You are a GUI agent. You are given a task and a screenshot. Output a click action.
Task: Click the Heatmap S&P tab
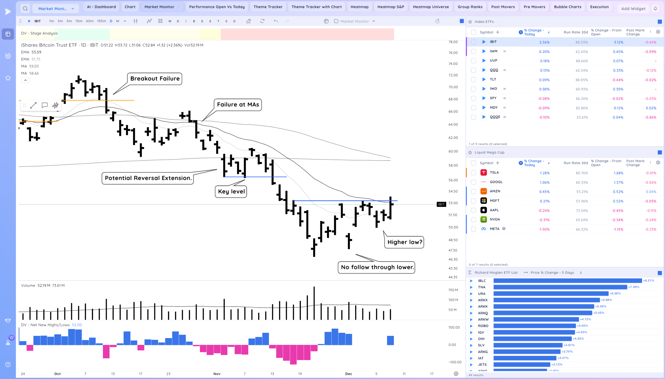pos(390,7)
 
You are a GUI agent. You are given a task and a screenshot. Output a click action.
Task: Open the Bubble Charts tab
pos(568,7)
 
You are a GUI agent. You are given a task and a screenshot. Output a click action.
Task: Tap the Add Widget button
pos(633,9)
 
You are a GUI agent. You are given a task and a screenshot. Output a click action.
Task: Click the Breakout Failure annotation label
pos(155,79)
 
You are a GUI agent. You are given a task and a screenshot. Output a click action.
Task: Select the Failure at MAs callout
pos(238,105)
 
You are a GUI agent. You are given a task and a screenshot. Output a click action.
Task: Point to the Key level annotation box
pos(231,192)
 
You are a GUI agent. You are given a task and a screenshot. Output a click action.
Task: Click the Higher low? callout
pos(404,242)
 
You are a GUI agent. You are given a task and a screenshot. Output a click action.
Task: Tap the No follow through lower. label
pos(377,267)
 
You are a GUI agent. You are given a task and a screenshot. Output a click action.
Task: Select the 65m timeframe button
pos(89,21)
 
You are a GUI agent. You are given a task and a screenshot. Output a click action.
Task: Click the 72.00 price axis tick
pos(453,75)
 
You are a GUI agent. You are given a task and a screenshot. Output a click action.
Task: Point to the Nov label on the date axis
pos(217,374)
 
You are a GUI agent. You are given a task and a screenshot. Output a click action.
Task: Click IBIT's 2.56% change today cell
pos(544,42)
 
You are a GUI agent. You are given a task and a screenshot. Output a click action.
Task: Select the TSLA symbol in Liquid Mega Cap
pos(494,173)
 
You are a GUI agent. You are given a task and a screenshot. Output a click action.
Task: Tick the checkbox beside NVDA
pos(473,220)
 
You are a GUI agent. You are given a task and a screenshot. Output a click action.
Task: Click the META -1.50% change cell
pos(544,229)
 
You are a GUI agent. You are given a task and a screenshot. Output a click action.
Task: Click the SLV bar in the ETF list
pos(528,345)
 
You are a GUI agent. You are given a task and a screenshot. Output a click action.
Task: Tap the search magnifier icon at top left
pos(25,9)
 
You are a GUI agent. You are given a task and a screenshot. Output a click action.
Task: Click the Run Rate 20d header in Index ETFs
pos(576,32)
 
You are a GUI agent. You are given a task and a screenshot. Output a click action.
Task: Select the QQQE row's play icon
pos(483,117)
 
